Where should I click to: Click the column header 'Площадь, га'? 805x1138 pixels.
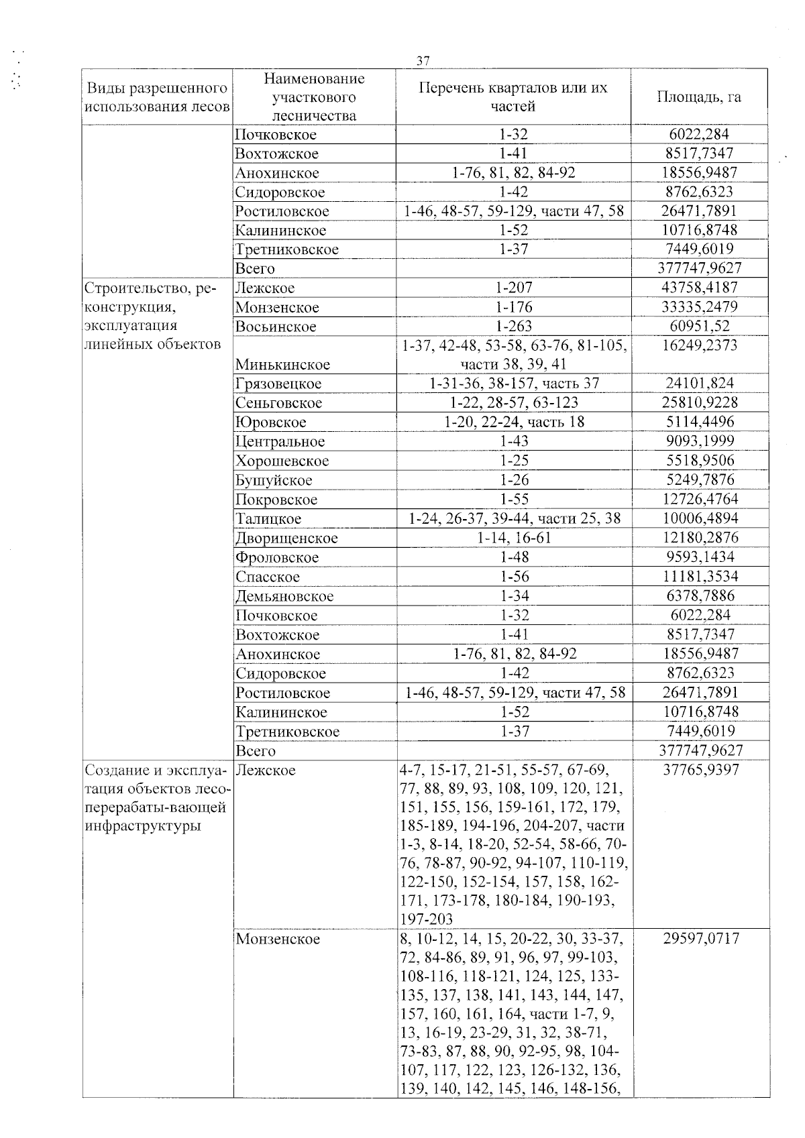point(699,97)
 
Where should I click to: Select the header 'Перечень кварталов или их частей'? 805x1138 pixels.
point(513,97)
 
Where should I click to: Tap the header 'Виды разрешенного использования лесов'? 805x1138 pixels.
point(158,97)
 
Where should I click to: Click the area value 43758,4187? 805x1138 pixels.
point(700,288)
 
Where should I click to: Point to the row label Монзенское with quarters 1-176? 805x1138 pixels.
point(277,308)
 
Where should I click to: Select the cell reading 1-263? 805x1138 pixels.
point(513,327)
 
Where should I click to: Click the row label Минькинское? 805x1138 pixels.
point(282,365)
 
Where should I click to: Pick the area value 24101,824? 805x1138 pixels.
point(700,384)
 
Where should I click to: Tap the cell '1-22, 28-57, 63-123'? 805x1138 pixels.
point(513,403)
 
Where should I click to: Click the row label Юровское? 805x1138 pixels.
point(270,422)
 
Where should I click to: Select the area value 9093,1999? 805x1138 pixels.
point(700,441)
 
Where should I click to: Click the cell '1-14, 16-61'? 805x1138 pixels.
point(513,538)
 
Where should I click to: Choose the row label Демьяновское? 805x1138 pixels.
point(284,596)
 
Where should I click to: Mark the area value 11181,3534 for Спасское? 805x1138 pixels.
point(700,577)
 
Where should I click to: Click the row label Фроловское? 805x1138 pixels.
point(277,557)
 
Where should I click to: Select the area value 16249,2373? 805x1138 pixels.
point(700,345)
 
